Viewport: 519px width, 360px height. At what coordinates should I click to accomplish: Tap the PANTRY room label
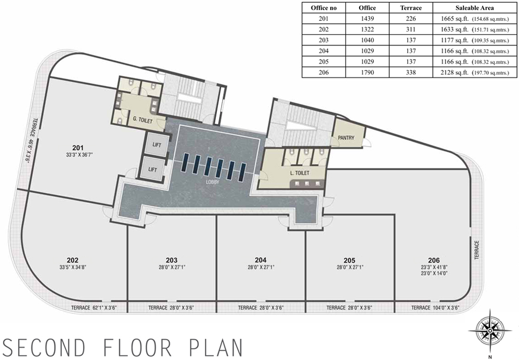[x=346, y=138]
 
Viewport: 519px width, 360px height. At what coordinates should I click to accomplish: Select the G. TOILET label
[x=143, y=119]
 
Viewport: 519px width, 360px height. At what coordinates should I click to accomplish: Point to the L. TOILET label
[x=299, y=173]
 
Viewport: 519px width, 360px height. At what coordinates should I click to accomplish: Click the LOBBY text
[x=213, y=182]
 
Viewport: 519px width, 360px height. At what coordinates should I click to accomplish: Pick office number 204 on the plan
[x=261, y=260]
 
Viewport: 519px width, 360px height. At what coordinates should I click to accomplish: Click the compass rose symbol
[x=490, y=331]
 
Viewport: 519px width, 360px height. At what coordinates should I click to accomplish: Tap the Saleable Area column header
[x=475, y=8]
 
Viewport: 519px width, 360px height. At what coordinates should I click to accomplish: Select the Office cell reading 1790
[x=367, y=72]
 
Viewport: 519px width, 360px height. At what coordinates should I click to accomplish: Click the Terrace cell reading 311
[x=411, y=29]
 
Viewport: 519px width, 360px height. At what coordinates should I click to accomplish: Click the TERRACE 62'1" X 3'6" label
[x=94, y=308]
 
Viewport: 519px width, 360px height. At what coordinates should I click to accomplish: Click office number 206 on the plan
[x=434, y=260]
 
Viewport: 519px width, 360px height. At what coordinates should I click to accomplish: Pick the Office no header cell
[x=323, y=8]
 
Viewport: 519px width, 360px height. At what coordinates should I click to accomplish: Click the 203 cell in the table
[x=323, y=40]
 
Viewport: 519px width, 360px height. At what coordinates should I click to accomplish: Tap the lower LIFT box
[x=153, y=169]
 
